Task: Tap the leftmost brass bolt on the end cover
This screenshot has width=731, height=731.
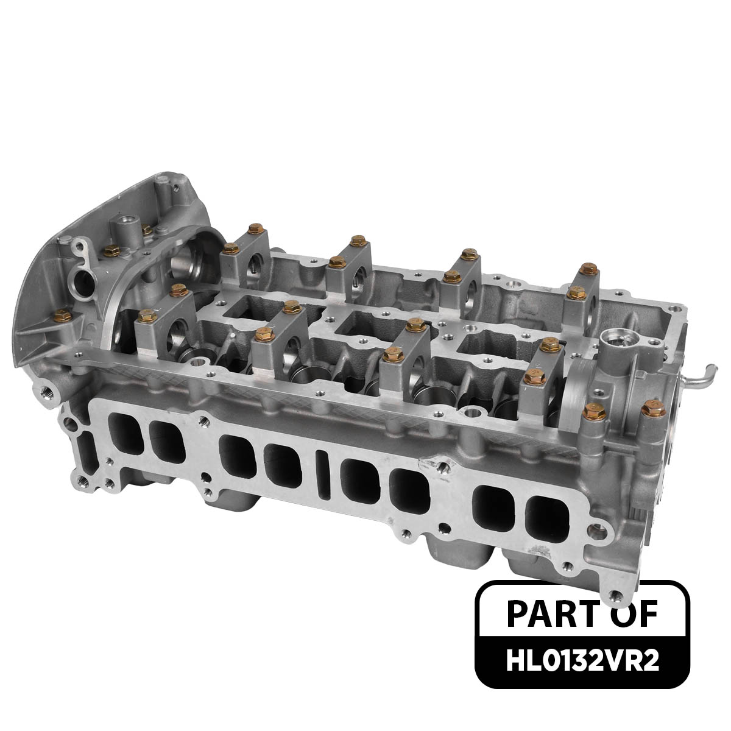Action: click(x=61, y=314)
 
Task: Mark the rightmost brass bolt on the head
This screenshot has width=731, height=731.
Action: click(x=653, y=413)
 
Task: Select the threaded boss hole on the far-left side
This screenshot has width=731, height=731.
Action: click(x=45, y=387)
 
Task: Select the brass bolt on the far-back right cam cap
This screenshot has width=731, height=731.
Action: click(x=587, y=267)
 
